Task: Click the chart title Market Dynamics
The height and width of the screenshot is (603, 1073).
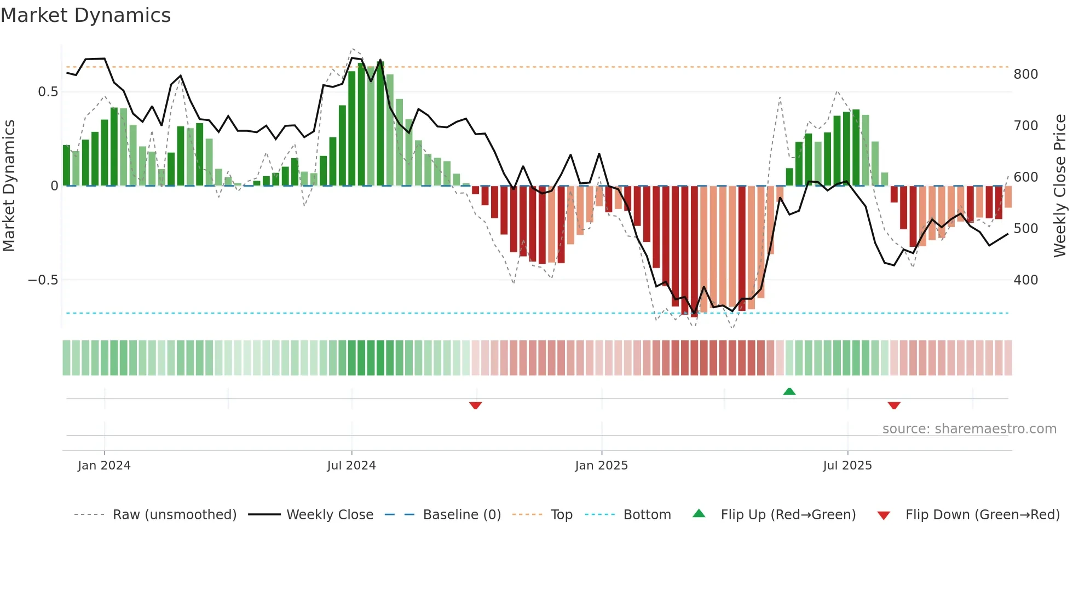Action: [x=86, y=15]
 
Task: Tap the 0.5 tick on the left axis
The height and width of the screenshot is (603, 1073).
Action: [x=48, y=92]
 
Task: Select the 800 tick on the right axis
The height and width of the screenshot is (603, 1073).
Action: [x=1025, y=74]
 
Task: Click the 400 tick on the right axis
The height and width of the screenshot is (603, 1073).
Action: [x=1025, y=280]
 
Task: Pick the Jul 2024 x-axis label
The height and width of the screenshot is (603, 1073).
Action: [x=351, y=466]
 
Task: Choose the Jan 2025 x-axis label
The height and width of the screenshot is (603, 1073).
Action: [x=601, y=466]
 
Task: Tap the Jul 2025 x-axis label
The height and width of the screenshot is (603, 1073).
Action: [x=847, y=466]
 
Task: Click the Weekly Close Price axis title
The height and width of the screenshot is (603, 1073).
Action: [x=1060, y=186]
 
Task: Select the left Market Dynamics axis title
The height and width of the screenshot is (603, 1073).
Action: [x=9, y=186]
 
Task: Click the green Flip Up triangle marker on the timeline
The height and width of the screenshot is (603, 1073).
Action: [x=789, y=391]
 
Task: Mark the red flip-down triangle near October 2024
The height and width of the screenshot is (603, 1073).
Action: [x=475, y=405]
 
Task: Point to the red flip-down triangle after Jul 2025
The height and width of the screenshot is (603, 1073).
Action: [x=894, y=405]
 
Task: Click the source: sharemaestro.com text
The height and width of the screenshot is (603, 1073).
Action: [x=969, y=429]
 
